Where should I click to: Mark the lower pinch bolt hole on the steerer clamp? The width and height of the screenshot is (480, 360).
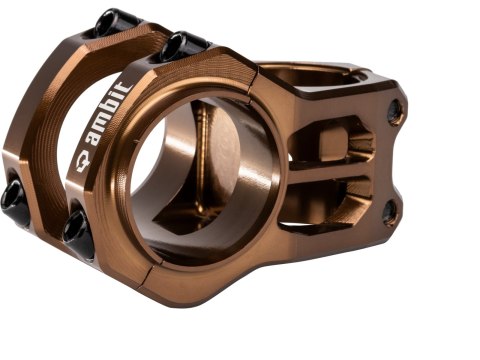[x=390, y=209]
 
